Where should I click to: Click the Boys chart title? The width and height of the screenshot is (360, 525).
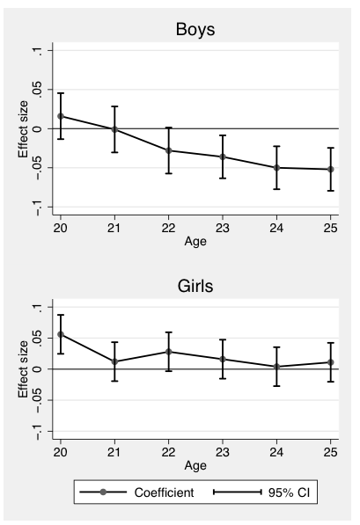pos(194,29)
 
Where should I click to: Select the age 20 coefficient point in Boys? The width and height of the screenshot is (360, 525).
pos(61,116)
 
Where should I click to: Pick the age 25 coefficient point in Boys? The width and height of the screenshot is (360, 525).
pos(330,169)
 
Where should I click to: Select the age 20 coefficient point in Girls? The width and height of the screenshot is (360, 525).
pos(61,334)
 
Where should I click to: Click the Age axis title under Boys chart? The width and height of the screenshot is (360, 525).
pos(195,240)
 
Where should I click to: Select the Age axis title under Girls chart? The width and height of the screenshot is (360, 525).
pos(195,463)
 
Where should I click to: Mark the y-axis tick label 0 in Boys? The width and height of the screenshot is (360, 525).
pos(38,128)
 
